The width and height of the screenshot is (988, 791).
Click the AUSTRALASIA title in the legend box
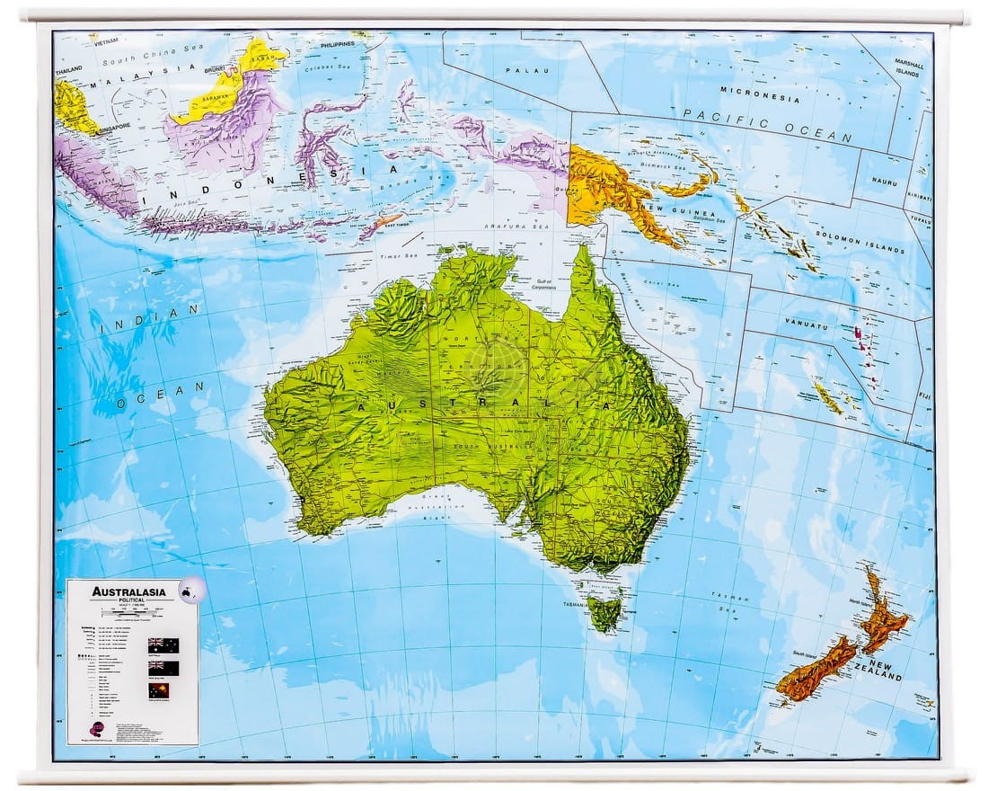click(126, 591)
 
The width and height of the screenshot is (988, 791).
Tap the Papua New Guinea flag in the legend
click(163, 691)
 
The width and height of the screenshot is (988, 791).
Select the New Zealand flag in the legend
click(163, 669)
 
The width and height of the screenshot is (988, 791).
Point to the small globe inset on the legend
click(190, 591)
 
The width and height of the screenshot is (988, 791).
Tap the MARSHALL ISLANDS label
click(907, 67)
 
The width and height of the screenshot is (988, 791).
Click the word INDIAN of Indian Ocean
click(150, 320)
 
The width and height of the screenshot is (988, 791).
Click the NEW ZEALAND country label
click(879, 670)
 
